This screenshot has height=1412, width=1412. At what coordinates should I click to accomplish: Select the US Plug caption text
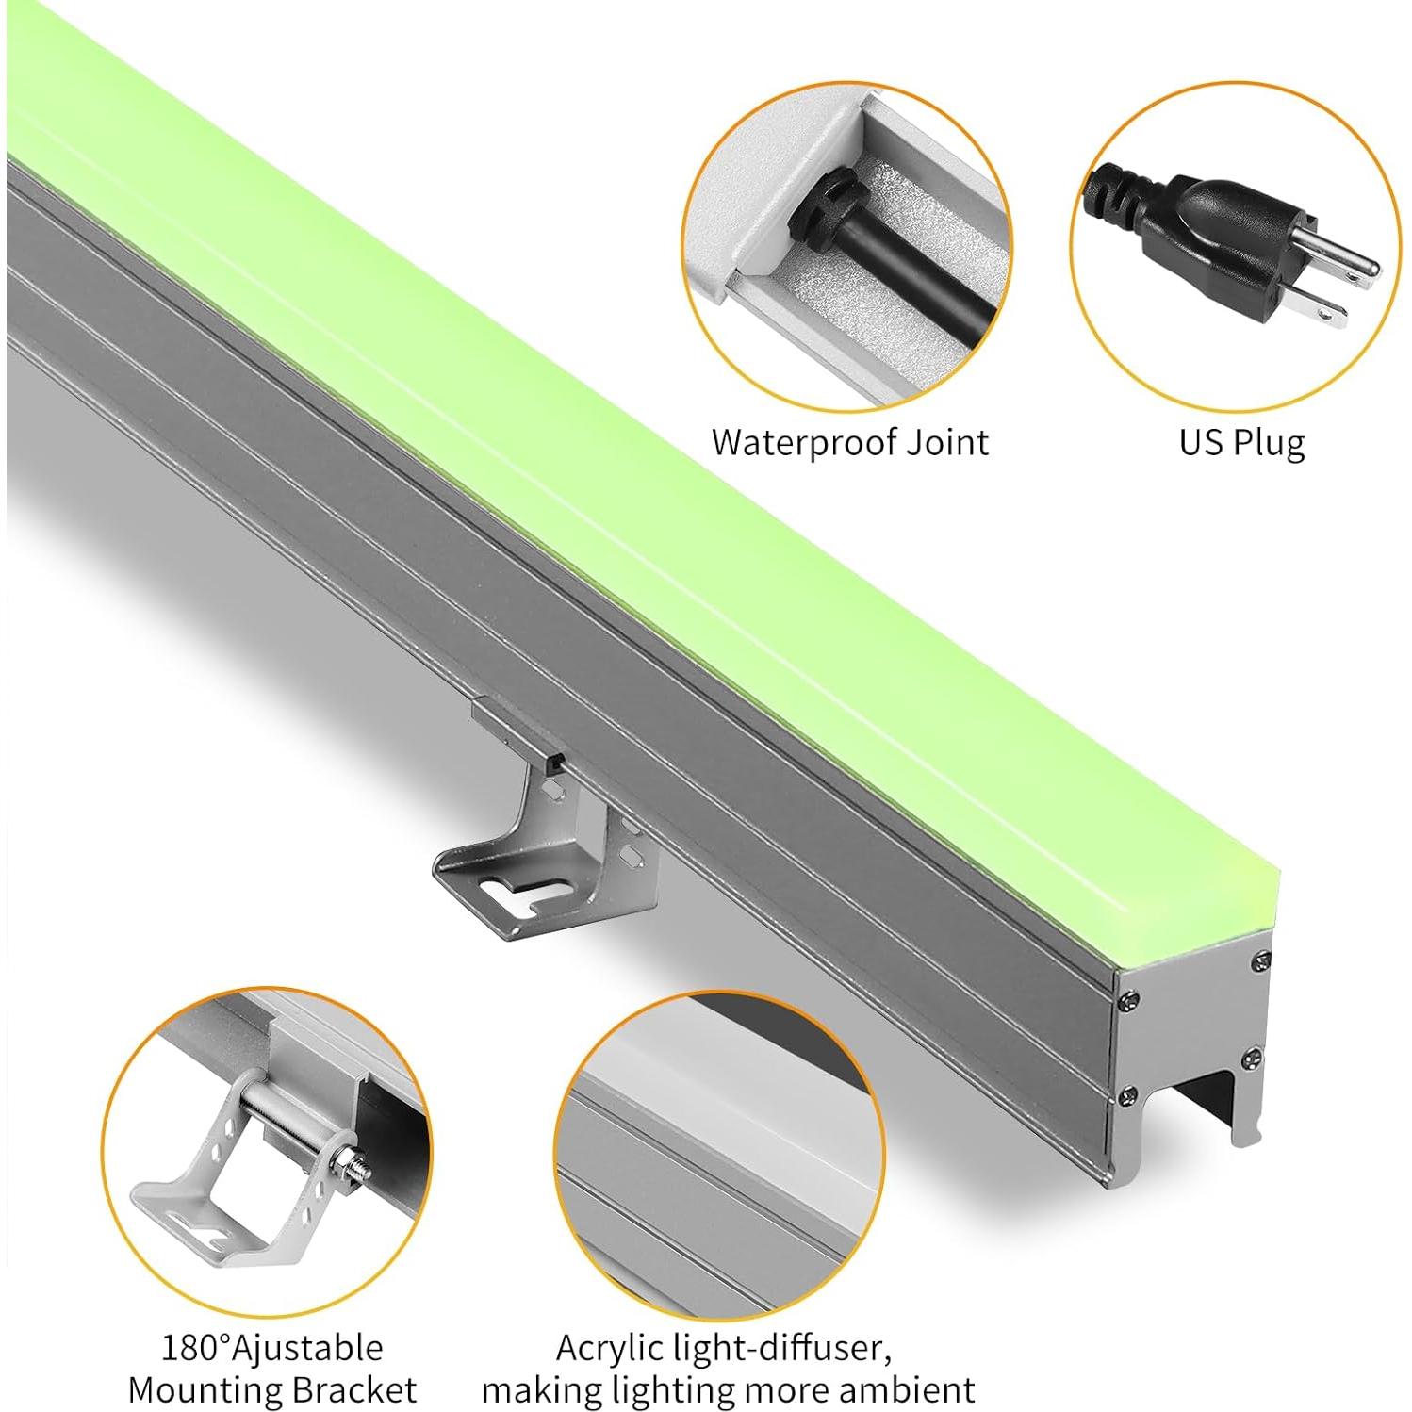[1241, 441]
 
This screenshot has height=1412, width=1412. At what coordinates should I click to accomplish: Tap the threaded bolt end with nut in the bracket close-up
[353, 1170]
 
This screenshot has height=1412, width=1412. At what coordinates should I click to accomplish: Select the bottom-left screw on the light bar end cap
[1126, 1095]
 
